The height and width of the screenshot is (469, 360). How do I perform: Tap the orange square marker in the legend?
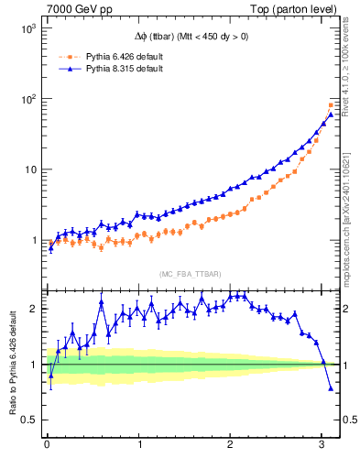click(x=68, y=56)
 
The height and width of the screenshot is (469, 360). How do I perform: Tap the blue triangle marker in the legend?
click(x=68, y=69)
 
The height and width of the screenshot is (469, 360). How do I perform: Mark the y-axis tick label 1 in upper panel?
click(x=34, y=241)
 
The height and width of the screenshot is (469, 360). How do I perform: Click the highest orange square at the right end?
click(x=331, y=104)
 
